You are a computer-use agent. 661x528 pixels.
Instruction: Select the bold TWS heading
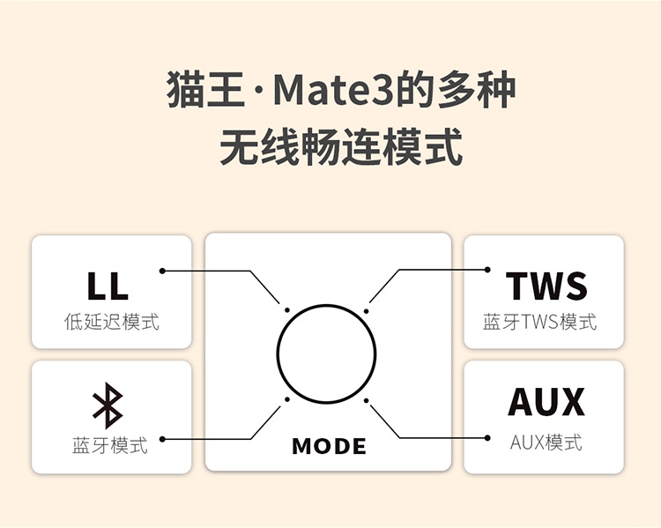546,286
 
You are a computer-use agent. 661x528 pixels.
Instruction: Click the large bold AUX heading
546,403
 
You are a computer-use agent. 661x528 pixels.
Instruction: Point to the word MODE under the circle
329,446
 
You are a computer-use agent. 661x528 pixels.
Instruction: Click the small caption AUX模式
546,442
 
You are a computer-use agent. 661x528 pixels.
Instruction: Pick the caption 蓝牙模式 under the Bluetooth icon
110,444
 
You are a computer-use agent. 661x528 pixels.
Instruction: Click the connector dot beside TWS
488,270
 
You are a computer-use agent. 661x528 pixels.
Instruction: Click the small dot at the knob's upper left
287,309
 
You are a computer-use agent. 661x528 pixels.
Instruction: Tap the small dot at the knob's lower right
367,400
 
